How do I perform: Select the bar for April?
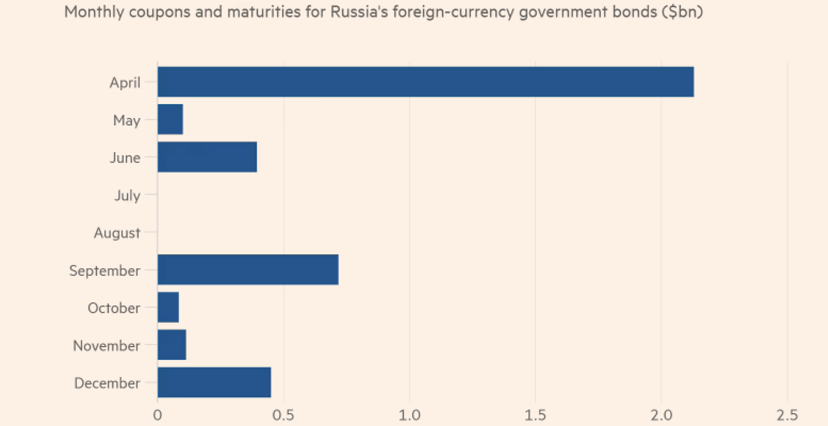(x=425, y=82)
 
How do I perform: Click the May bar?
(x=170, y=120)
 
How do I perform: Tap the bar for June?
(x=207, y=158)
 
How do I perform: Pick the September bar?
(x=248, y=270)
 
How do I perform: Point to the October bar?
(x=168, y=308)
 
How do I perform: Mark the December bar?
(x=214, y=383)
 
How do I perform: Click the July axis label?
(x=127, y=196)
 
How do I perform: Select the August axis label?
(x=117, y=233)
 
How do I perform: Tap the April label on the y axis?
(x=125, y=83)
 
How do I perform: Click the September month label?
(x=104, y=271)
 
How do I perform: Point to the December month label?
(x=107, y=383)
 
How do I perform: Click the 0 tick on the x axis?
(x=157, y=415)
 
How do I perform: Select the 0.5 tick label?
(x=283, y=415)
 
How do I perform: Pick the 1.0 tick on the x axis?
(x=409, y=415)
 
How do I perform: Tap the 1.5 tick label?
(x=535, y=415)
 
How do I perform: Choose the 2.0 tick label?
(x=661, y=415)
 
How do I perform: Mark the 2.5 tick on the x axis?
(x=787, y=415)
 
